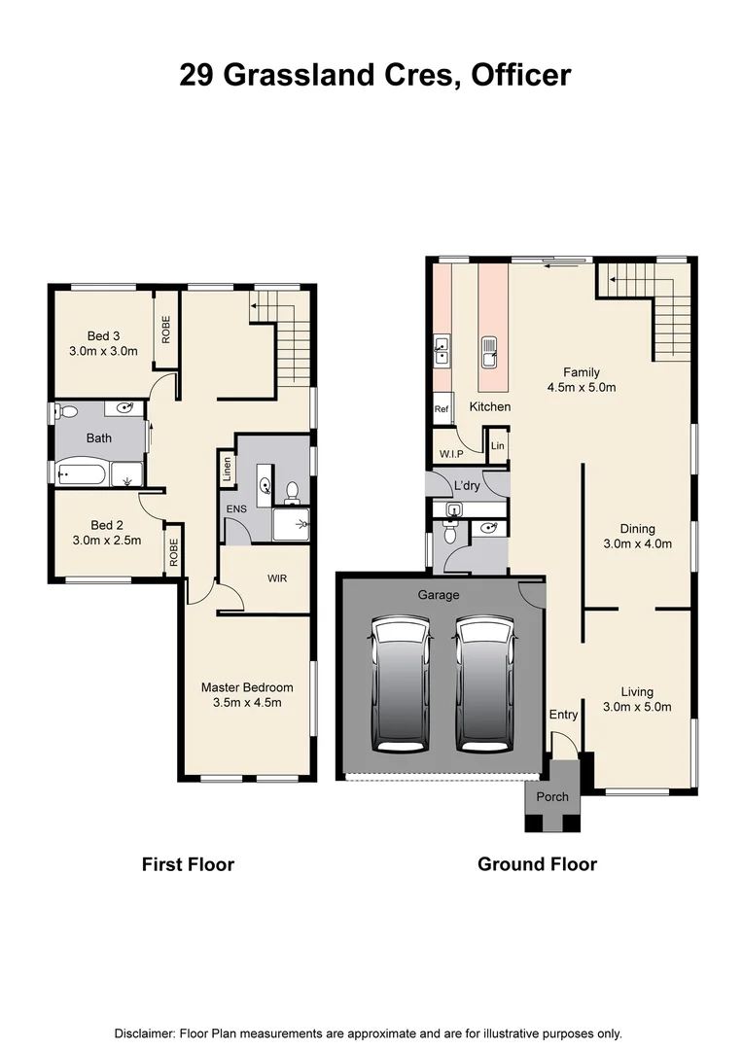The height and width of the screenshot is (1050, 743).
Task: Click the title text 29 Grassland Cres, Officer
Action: (374, 75)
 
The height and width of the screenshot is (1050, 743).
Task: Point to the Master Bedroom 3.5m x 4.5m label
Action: (247, 695)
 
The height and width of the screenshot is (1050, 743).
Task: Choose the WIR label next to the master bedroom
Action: (277, 578)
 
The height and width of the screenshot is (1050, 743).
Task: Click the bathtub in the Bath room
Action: (83, 475)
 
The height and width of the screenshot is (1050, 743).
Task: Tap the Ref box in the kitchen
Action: (442, 409)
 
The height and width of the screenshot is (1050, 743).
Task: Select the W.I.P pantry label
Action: (450, 454)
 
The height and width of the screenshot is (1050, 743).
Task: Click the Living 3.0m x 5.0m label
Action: (638, 699)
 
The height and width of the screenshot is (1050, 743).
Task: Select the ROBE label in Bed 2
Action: (173, 553)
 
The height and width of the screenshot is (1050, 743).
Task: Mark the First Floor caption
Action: (188, 863)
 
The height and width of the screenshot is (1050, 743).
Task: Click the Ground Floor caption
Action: (537, 863)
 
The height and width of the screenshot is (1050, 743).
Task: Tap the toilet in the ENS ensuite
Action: (292, 491)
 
